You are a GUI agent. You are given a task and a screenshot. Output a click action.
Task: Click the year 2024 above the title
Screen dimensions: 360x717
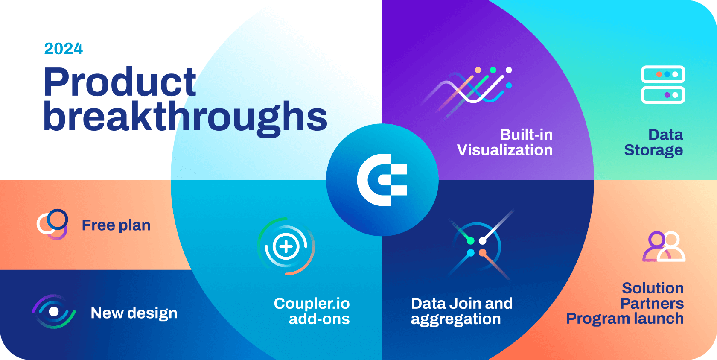pos(64,49)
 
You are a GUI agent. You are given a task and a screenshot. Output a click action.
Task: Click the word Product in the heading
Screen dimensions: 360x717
pos(120,82)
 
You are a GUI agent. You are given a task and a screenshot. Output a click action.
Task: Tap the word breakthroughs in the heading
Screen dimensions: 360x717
pos(185,117)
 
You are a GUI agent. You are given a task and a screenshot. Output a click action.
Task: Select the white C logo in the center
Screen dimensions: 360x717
pos(382,180)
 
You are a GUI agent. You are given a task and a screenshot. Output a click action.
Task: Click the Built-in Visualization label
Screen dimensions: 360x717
pos(505,143)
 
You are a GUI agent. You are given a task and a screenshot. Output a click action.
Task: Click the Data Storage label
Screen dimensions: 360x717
pos(653,143)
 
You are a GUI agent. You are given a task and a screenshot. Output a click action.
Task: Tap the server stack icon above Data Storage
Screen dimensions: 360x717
pos(663,85)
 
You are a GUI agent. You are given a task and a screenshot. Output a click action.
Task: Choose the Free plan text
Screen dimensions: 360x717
pos(116,225)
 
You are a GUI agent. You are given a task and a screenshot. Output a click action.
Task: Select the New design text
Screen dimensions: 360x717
pos(134,313)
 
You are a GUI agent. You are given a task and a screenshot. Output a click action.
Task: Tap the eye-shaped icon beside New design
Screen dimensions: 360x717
pos(54,312)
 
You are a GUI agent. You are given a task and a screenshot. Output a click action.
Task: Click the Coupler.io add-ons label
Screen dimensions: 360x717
pos(312,311)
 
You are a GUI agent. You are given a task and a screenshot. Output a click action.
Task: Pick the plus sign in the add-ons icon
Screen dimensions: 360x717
pos(286,246)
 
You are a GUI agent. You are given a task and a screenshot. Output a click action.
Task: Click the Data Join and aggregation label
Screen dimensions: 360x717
pos(461,311)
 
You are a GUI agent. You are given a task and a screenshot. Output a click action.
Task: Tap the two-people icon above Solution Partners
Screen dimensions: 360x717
pos(664,246)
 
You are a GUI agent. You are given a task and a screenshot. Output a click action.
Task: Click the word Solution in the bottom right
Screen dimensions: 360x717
pos(653,288)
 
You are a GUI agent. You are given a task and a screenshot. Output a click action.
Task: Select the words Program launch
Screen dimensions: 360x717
pos(625,319)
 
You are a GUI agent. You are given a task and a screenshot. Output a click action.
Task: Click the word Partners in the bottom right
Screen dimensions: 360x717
pos(652,304)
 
